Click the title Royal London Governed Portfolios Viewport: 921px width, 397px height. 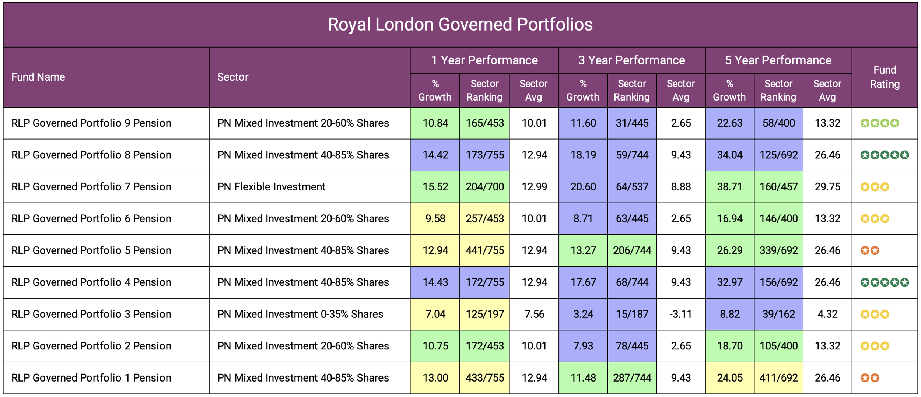(x=460, y=25)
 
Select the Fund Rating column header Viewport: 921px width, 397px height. (x=885, y=77)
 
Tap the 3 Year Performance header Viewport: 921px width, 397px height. (x=631, y=60)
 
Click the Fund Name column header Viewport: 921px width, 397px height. (x=38, y=77)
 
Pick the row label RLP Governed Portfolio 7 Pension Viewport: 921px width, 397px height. (x=91, y=187)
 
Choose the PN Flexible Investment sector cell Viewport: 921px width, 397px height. (x=271, y=187)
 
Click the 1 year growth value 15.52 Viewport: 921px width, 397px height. (x=435, y=187)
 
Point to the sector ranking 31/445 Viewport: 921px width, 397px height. (x=632, y=123)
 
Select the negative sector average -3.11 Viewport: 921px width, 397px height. (x=680, y=314)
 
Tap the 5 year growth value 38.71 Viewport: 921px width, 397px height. (x=729, y=187)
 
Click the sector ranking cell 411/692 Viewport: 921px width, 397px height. (x=778, y=378)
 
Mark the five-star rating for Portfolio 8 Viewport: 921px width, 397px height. (x=885, y=155)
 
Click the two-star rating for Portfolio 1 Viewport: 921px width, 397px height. (x=870, y=378)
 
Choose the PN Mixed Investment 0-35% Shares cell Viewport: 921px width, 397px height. (x=300, y=314)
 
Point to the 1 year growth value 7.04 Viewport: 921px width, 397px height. (x=435, y=314)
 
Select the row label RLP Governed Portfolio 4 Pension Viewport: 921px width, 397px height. (x=91, y=282)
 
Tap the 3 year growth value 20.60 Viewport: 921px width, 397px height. (x=583, y=187)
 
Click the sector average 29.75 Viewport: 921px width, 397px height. (x=827, y=187)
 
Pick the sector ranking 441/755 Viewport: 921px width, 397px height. (x=484, y=250)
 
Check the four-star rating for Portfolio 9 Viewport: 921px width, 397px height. (x=880, y=123)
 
